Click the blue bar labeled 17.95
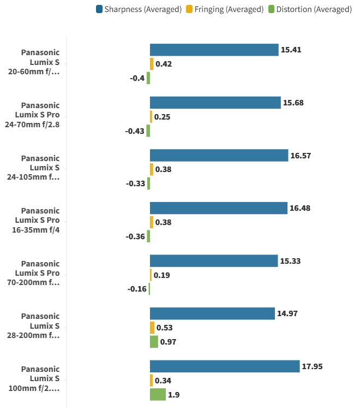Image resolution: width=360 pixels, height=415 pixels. (x=225, y=366)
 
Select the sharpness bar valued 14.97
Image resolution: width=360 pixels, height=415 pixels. (x=212, y=313)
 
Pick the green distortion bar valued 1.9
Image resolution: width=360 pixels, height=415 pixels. (x=158, y=394)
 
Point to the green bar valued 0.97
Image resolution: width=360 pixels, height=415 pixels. (x=154, y=342)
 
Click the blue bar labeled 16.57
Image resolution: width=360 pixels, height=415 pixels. (x=219, y=155)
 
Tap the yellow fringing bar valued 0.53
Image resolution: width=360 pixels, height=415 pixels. (x=152, y=328)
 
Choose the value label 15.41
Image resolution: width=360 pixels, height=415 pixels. (x=291, y=50)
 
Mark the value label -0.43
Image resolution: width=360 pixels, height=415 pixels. (x=135, y=131)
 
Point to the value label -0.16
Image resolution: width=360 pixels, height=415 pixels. (x=137, y=289)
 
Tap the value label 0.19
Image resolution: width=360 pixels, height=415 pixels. (x=162, y=275)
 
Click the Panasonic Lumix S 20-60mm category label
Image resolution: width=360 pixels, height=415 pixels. (x=40, y=62)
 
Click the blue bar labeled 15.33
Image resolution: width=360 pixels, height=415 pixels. (x=214, y=261)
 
